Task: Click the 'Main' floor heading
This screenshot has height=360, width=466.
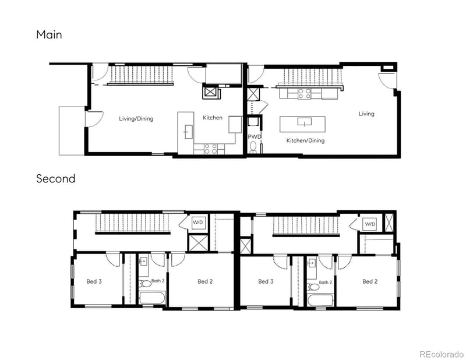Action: (x=49, y=35)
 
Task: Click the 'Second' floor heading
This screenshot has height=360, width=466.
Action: (x=55, y=179)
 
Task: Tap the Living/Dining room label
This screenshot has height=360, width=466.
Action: (x=136, y=119)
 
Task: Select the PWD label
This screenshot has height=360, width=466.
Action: (x=254, y=136)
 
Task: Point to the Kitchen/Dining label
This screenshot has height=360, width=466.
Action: (x=305, y=141)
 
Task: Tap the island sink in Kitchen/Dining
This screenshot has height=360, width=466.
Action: (x=303, y=122)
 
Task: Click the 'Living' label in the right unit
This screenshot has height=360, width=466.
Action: (x=366, y=114)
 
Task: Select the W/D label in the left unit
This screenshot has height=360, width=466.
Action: (x=198, y=222)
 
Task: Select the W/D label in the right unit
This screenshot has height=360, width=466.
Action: (x=370, y=224)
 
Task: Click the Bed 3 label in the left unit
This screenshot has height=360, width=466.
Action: (x=94, y=281)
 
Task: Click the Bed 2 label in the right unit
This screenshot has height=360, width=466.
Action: (x=370, y=281)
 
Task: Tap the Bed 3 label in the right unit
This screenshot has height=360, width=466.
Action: (x=266, y=281)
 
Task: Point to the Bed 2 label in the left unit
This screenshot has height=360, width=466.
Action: (x=205, y=281)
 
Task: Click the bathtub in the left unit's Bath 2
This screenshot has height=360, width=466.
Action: (x=153, y=297)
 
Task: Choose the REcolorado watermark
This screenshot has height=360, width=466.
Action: (x=440, y=354)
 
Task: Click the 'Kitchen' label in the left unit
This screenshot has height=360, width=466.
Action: (x=212, y=118)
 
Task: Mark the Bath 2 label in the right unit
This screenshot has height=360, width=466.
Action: (x=325, y=283)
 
